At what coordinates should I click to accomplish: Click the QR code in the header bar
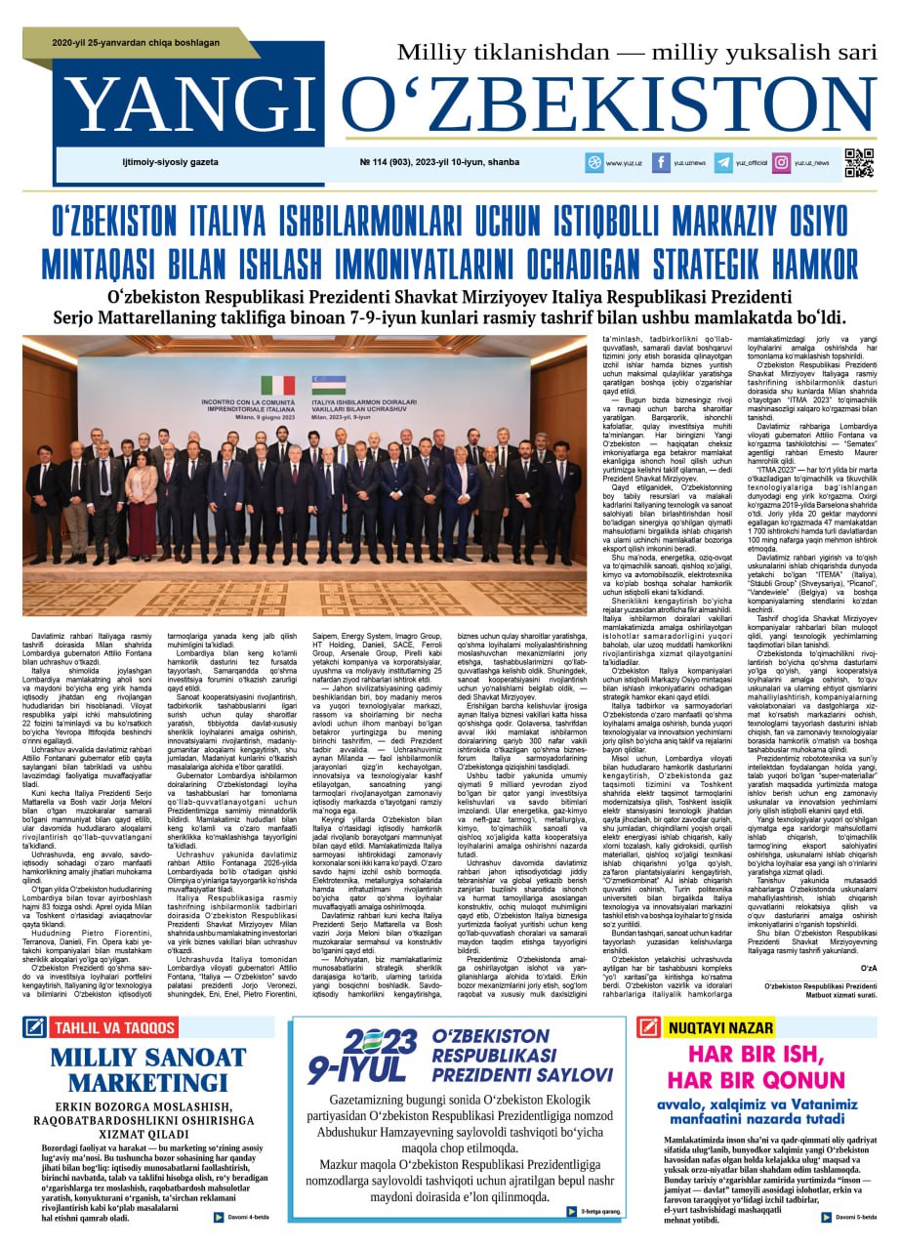[858, 163]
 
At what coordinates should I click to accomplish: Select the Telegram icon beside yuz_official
[722, 163]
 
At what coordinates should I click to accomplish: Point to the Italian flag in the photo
[278, 385]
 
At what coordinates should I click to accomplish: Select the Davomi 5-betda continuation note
[849, 1217]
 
